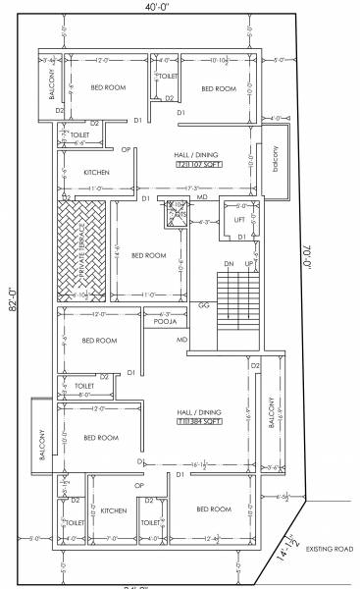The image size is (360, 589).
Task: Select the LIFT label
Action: (239, 220)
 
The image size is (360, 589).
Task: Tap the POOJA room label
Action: (165, 320)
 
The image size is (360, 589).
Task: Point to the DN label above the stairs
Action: (229, 264)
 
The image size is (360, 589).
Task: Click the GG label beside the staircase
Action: (204, 305)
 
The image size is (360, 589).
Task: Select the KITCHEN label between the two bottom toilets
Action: (114, 510)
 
